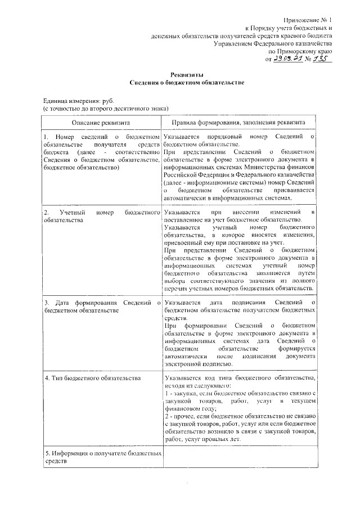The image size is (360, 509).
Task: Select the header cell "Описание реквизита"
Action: click(x=101, y=121)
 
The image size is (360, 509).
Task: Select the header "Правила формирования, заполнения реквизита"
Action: click(x=238, y=121)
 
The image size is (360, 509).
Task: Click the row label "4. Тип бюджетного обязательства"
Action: click(x=92, y=377)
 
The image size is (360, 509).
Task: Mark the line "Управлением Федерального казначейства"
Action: click(x=275, y=43)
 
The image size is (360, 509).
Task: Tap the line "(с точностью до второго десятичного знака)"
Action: click(x=107, y=107)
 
